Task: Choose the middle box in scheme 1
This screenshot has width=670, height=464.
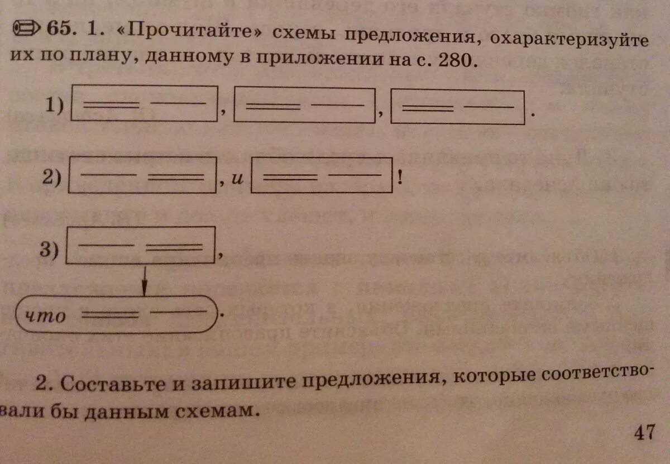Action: point(304,105)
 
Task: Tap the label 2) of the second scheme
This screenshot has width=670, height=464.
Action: point(55,178)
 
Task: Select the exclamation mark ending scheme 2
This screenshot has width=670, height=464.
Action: point(400,180)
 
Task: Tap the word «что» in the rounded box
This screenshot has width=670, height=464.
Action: point(46,317)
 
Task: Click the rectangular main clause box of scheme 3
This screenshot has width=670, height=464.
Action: point(141,245)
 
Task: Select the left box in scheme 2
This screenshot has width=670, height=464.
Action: point(142,175)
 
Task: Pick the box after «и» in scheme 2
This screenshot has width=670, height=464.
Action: point(320,177)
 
